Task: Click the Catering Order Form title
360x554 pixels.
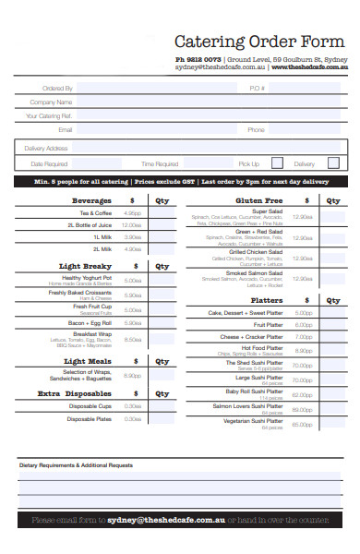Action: [260, 42]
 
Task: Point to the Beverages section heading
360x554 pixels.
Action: [92, 199]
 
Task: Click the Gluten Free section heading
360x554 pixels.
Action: [259, 199]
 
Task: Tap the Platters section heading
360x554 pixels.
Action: [267, 300]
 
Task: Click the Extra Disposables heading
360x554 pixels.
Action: [81, 393]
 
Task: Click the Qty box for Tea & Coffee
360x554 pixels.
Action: [162, 213]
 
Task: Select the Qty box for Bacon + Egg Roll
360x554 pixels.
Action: [162, 322]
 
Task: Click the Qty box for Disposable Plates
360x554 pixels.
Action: [162, 419]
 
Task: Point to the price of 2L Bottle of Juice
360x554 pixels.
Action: [132, 225]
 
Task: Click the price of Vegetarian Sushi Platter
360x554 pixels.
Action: [302, 425]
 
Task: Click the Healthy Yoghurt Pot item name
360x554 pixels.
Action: [87, 278]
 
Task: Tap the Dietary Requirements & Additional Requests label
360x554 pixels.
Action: [77, 465]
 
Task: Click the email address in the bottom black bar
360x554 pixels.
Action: [166, 521]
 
